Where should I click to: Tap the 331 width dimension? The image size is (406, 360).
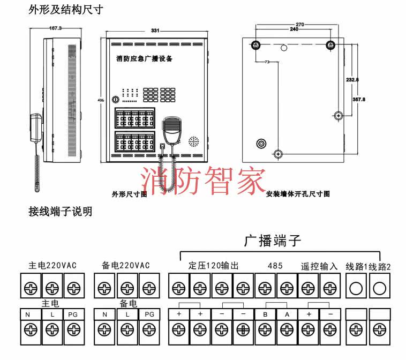pyautogui.click(x=155, y=31)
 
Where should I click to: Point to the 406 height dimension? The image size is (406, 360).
pyautogui.click(x=101, y=100)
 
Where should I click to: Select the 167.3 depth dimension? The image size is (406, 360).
pyautogui.click(x=55, y=27)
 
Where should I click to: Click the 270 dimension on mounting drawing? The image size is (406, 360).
pyautogui.click(x=300, y=25)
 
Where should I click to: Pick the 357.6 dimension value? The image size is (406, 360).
pyautogui.click(x=359, y=99)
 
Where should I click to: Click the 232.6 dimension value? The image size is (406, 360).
pyautogui.click(x=352, y=80)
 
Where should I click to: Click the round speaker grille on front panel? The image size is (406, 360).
pyautogui.click(x=193, y=141)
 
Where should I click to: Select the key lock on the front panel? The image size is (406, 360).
pyautogui.click(x=115, y=99)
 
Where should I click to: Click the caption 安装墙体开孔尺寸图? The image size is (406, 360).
pyautogui.click(x=298, y=194)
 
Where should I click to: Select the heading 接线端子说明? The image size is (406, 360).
pyautogui.click(x=60, y=212)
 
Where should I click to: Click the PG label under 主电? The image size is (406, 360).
pyautogui.click(x=73, y=315)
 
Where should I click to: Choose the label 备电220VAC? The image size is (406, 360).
pyautogui.click(x=125, y=265)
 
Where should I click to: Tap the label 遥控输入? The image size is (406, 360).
pyautogui.click(x=319, y=265)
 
